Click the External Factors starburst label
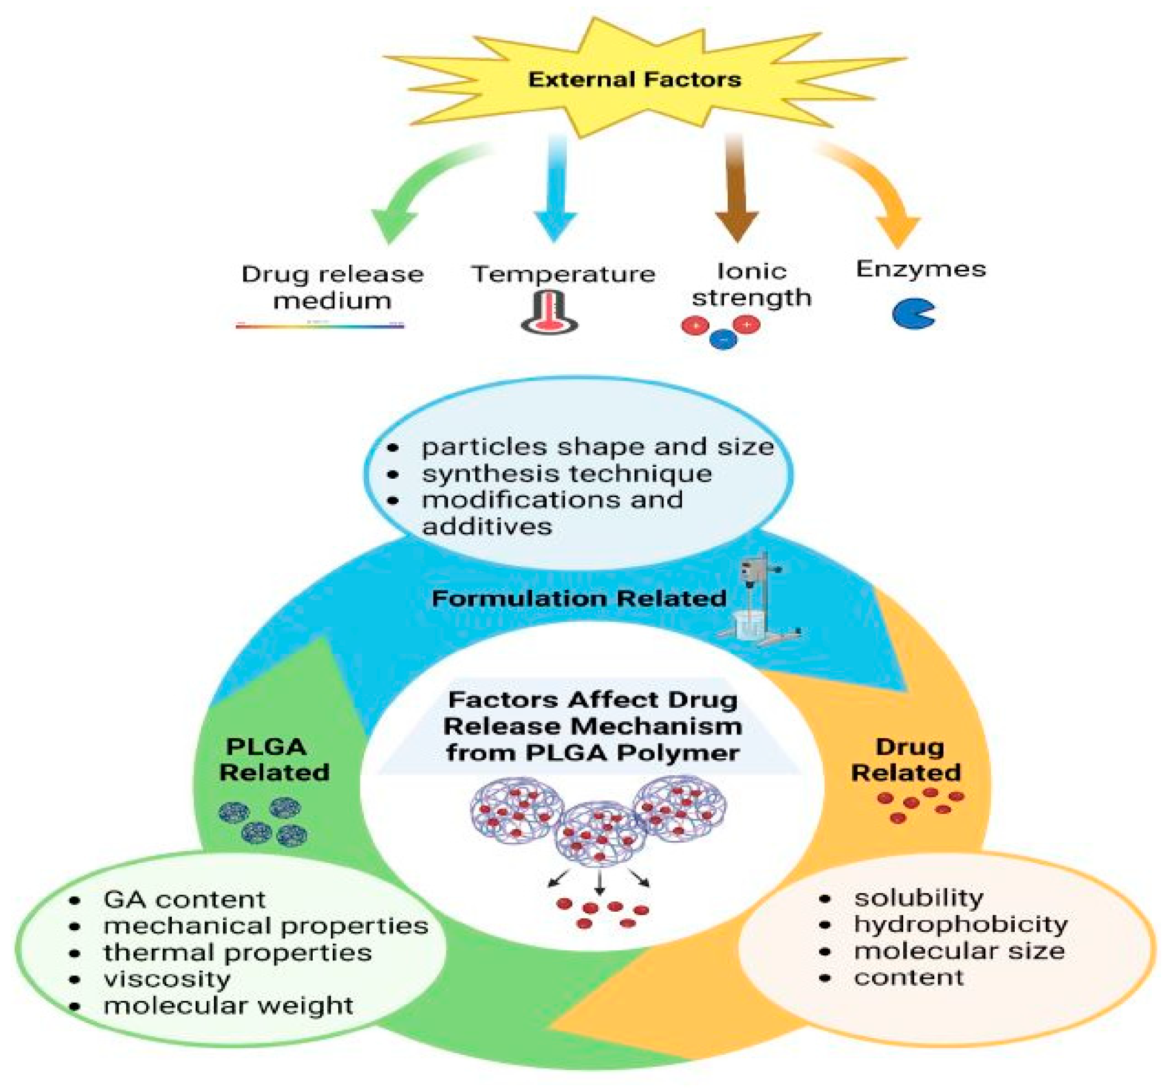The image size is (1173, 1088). pyautogui.click(x=634, y=79)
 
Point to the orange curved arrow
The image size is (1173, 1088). pyautogui.click(x=877, y=188)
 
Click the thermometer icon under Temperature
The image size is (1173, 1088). pyautogui.click(x=550, y=314)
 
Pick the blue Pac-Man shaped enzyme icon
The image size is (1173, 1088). pyautogui.click(x=911, y=314)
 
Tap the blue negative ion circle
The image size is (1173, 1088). pyautogui.click(x=723, y=338)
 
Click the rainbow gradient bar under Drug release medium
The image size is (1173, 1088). pyautogui.click(x=320, y=325)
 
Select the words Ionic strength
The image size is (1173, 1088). pyautogui.click(x=752, y=285)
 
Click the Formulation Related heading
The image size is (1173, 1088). pyautogui.click(x=579, y=599)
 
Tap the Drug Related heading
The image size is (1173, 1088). pyautogui.click(x=907, y=759)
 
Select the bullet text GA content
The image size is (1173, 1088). pyautogui.click(x=184, y=900)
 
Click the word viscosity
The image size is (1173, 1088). pyautogui.click(x=167, y=979)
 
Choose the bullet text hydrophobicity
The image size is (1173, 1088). pyautogui.click(x=960, y=924)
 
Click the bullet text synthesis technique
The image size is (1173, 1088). pyautogui.click(x=566, y=473)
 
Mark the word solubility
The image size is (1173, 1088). pyautogui.click(x=918, y=898)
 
